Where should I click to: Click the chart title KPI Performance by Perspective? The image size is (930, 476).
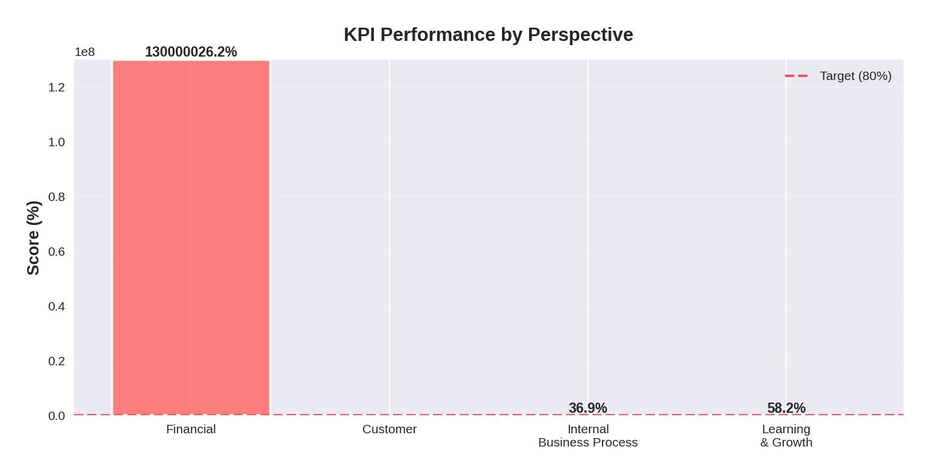click(488, 35)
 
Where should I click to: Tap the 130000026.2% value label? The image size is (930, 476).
click(191, 52)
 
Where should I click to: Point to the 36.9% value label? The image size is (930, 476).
click(587, 408)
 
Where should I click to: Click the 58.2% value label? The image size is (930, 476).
click(786, 408)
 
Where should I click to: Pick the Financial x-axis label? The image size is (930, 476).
click(191, 429)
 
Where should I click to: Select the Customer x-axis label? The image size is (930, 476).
click(389, 429)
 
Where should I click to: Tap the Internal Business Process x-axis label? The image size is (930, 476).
click(587, 436)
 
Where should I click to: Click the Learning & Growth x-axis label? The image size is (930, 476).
click(786, 436)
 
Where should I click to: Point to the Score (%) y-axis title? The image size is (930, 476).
click(33, 238)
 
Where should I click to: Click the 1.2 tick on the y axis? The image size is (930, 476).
click(57, 87)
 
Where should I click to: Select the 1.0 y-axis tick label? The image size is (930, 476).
click(57, 142)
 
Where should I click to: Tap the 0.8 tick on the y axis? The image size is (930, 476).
click(57, 197)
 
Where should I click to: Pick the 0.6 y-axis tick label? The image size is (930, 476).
click(57, 252)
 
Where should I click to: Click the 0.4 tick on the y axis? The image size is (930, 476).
click(57, 306)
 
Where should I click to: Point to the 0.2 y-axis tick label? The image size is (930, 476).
click(57, 361)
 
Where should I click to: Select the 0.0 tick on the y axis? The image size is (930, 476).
click(57, 416)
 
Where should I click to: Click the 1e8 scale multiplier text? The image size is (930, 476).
click(85, 52)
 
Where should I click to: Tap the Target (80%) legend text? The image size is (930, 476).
click(855, 76)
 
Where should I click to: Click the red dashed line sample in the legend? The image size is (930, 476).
click(796, 76)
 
